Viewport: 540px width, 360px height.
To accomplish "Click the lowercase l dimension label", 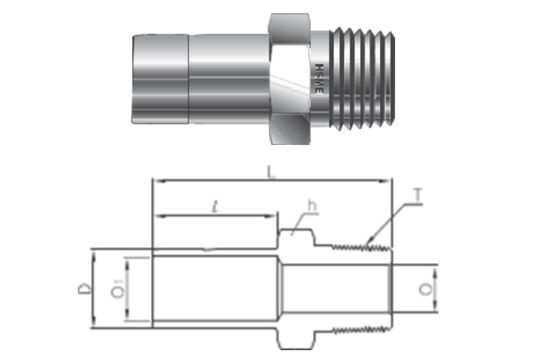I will [x=216, y=205].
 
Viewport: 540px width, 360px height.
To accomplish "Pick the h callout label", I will [x=312, y=207].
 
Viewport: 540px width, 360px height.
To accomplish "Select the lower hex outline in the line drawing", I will [x=294, y=338].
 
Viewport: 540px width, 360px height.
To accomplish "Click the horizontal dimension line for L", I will [x=270, y=182].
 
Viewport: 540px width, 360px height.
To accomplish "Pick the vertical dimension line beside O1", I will [x=128, y=289].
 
